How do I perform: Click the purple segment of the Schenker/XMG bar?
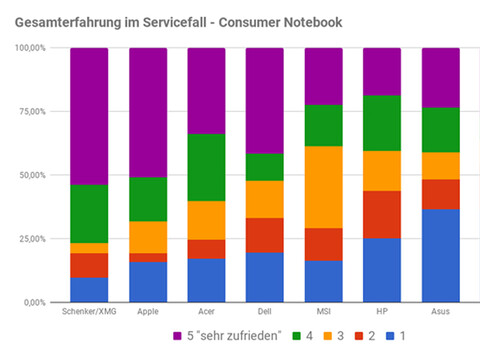89,116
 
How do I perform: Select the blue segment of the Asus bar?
440,255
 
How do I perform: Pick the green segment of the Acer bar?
206,167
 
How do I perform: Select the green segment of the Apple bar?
148,199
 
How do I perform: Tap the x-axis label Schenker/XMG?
89,312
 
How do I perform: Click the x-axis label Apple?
148,312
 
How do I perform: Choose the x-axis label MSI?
323,312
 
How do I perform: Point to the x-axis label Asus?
440,312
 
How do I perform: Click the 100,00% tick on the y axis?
31,48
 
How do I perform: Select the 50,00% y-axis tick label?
33,175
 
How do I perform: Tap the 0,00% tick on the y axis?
35,302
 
